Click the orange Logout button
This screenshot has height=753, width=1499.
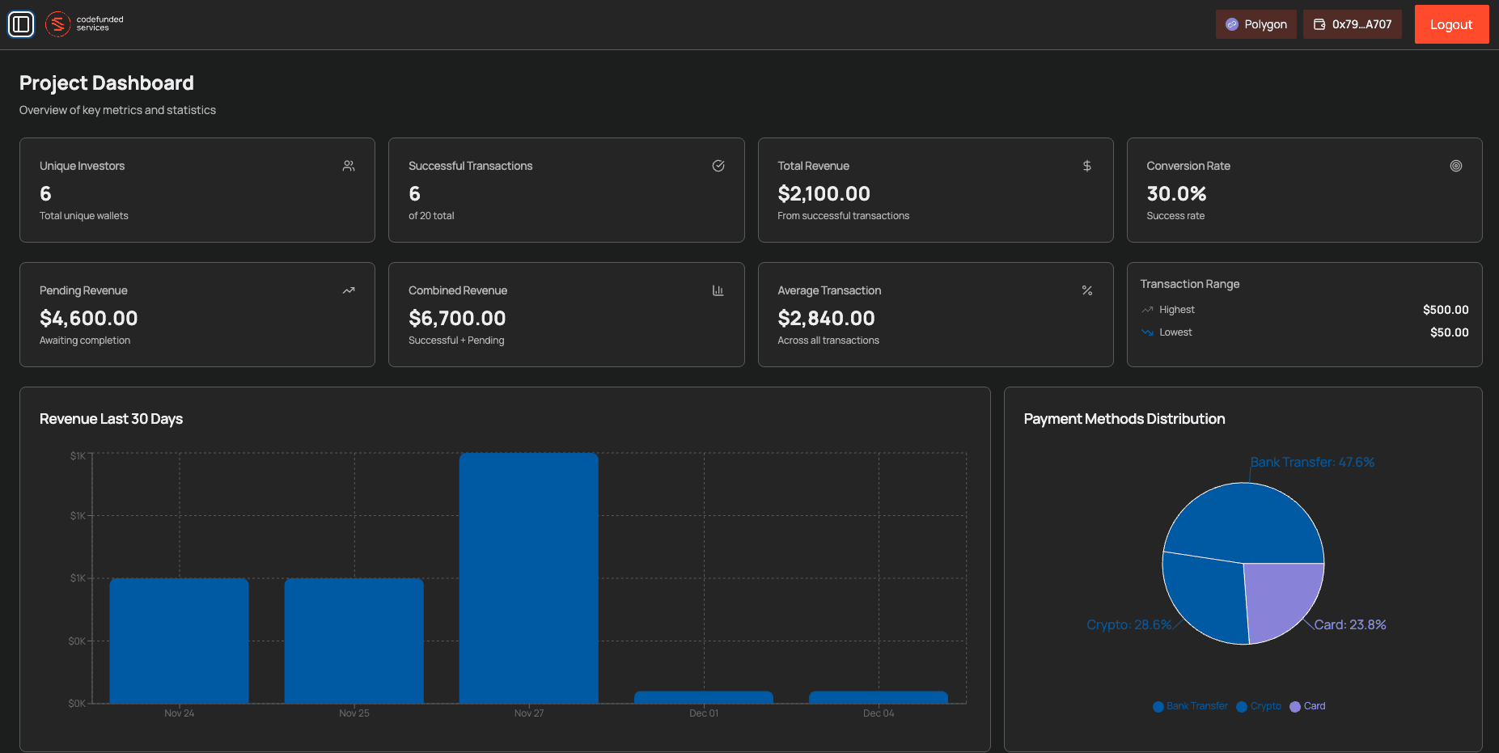tap(1451, 24)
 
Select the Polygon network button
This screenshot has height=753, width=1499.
tap(1256, 24)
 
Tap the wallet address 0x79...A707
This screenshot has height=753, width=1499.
tap(1353, 24)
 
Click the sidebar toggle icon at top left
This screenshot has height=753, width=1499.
tap(21, 24)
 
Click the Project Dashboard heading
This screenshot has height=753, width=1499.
tap(107, 83)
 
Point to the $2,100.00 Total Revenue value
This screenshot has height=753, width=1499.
tap(824, 194)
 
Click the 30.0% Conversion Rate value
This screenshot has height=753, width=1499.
tap(1175, 194)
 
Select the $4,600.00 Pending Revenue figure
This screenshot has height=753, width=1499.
tap(88, 319)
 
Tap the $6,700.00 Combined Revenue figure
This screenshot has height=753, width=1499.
tap(457, 319)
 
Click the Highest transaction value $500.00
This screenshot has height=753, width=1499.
tap(1445, 310)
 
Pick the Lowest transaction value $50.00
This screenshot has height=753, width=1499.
tap(1449, 332)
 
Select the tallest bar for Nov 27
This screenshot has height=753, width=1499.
tap(528, 578)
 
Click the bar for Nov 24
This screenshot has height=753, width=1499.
tap(179, 641)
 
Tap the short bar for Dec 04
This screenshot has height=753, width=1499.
tap(878, 697)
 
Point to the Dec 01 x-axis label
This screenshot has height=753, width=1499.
tap(703, 713)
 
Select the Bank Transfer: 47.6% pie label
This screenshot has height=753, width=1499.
tap(1311, 463)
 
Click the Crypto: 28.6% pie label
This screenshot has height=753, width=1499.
tap(1128, 625)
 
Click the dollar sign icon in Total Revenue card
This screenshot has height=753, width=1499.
tap(1086, 166)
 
